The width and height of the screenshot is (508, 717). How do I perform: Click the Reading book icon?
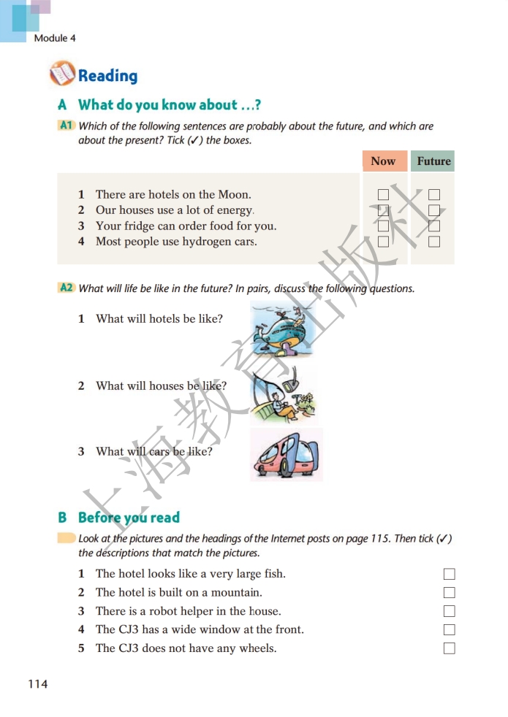62,74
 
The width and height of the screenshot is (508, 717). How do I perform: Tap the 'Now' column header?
383,161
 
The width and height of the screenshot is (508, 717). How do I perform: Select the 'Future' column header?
433,161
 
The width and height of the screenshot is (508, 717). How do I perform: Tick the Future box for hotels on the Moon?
434,195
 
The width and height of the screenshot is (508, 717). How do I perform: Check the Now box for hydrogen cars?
383,242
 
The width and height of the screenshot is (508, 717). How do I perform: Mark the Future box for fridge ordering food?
434,226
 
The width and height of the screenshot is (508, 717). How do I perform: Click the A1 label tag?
67,126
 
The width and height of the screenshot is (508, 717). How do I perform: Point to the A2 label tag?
67,288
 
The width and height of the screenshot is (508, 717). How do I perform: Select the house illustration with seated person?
284,394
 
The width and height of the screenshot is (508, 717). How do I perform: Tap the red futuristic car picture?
286,454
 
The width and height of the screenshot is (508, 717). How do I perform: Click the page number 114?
37,684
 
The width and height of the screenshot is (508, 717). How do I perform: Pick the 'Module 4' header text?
55,38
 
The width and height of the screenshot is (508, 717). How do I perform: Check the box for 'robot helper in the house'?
449,611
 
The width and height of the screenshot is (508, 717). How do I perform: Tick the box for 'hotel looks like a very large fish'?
449,574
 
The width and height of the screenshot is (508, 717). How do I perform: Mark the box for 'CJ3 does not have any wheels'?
449,648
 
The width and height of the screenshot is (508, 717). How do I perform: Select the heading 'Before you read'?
129,518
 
